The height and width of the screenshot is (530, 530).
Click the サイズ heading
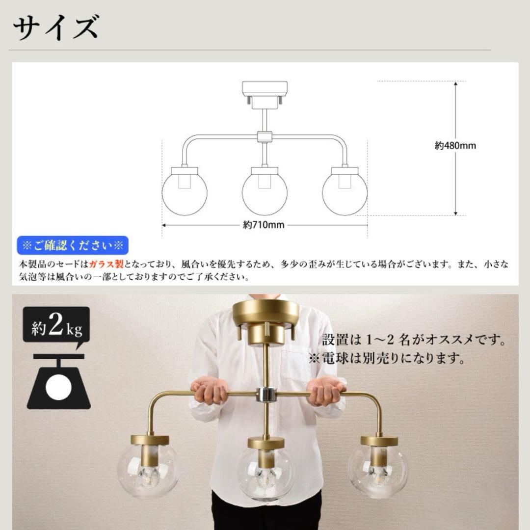click(x=55, y=28)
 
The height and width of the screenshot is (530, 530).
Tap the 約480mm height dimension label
click(x=455, y=146)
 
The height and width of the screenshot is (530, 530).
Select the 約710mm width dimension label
click(x=264, y=225)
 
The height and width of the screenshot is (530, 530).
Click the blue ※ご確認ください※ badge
click(x=73, y=245)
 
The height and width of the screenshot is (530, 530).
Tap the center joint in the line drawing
click(x=264, y=137)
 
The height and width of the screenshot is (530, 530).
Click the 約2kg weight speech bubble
click(x=56, y=326)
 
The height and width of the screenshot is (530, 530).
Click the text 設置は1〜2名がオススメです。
click(x=413, y=339)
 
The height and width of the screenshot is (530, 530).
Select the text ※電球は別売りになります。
click(x=387, y=358)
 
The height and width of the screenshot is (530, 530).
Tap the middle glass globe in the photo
click(x=265, y=474)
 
